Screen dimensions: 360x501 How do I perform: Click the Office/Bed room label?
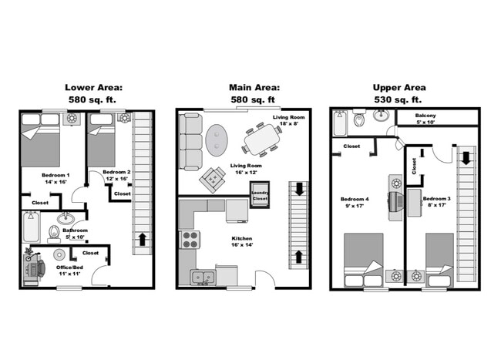point(69,271)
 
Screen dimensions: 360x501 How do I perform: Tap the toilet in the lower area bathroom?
point(54,232)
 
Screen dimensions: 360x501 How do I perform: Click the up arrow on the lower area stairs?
point(142,238)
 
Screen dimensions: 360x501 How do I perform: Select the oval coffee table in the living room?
point(217,138)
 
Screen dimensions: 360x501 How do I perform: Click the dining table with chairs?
point(263,140)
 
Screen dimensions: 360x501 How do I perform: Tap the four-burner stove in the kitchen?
point(189,240)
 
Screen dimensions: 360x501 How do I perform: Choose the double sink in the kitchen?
point(203,277)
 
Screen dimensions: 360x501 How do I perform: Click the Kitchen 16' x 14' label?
point(241,243)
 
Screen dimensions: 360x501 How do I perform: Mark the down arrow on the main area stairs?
point(298,190)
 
